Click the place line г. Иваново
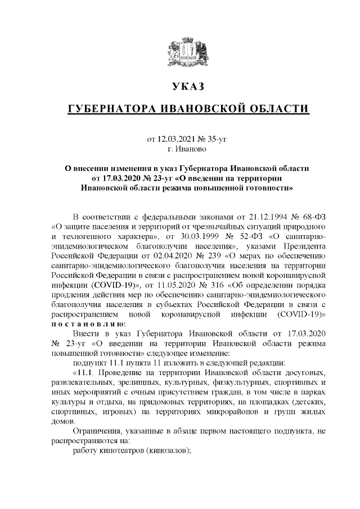[187, 148]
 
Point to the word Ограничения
[98, 431]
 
